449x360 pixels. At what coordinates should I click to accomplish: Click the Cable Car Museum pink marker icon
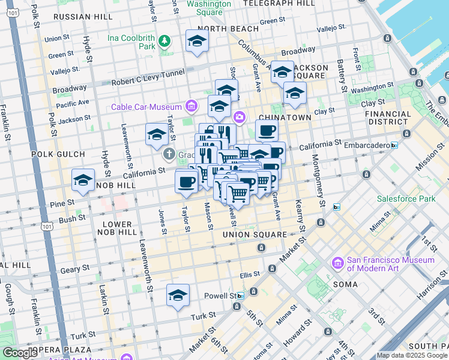click(191, 107)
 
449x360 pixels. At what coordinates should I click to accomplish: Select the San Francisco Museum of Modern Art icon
click(338, 263)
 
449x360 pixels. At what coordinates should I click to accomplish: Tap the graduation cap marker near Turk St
click(178, 295)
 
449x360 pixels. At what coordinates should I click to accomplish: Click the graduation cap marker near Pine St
click(83, 180)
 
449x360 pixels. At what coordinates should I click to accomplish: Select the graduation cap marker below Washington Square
click(196, 41)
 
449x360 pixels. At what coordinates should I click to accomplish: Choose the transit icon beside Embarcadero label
click(394, 145)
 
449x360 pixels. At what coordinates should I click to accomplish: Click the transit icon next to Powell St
click(241, 296)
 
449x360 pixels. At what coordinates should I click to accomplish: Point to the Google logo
click(20, 353)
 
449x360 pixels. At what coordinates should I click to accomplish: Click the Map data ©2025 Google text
click(411, 355)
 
